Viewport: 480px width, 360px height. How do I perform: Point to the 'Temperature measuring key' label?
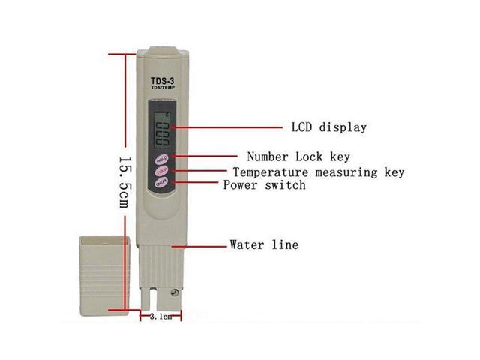[318, 172]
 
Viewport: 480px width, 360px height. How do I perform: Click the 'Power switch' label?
[264, 185]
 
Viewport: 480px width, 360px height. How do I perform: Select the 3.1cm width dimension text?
[160, 316]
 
